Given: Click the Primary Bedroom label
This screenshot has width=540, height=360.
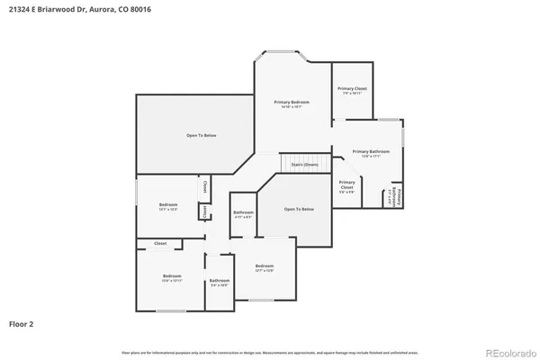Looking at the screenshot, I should (292, 103).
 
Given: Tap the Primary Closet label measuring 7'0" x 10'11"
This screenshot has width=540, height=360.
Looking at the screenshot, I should (352, 88).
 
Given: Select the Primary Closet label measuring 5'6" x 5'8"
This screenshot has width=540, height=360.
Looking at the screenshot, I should (346, 186).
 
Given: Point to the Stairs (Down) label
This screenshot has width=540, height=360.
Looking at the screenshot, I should (304, 165).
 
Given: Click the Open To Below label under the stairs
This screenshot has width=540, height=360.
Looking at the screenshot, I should (299, 209).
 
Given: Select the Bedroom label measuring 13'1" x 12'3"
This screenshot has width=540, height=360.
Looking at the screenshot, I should (168, 205).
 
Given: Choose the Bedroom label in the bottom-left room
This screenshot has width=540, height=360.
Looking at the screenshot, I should (172, 275).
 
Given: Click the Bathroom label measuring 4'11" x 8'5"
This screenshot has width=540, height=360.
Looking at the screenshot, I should (243, 212).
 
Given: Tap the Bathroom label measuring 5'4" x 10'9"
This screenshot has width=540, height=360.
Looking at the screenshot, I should (220, 281).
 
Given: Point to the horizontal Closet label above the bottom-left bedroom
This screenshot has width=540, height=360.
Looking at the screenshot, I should (160, 244).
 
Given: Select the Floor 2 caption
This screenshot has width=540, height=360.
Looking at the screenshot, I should (22, 322).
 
